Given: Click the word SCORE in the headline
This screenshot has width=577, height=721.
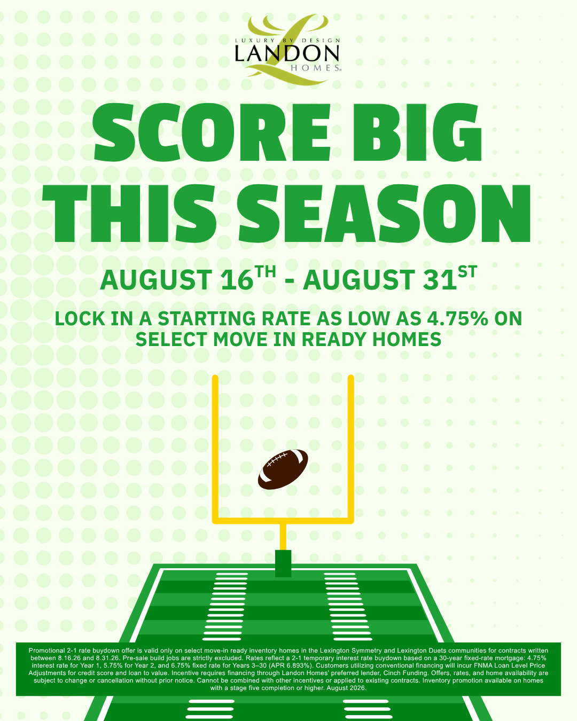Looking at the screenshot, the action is click(x=211, y=132).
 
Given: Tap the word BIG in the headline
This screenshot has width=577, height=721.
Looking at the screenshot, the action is click(x=417, y=132).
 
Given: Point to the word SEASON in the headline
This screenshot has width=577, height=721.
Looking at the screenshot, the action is click(x=384, y=213).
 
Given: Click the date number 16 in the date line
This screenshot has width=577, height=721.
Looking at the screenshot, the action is click(x=237, y=280).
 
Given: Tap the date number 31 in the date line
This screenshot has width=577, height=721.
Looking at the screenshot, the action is click(x=440, y=280).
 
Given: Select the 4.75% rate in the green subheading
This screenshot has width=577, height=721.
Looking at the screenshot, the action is click(x=457, y=318).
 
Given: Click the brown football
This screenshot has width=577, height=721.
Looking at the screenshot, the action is click(x=283, y=469).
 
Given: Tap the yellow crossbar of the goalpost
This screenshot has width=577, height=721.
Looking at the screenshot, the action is click(x=283, y=520).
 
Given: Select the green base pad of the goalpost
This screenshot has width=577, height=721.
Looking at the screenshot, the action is click(x=283, y=563).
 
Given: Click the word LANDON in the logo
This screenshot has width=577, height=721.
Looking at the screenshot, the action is click(x=287, y=53).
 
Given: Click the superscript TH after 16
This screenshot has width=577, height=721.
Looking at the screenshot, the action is click(x=265, y=271).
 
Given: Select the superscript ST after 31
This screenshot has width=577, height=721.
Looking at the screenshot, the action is click(x=467, y=271).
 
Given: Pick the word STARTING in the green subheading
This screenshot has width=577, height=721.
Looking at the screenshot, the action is click(x=207, y=318).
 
